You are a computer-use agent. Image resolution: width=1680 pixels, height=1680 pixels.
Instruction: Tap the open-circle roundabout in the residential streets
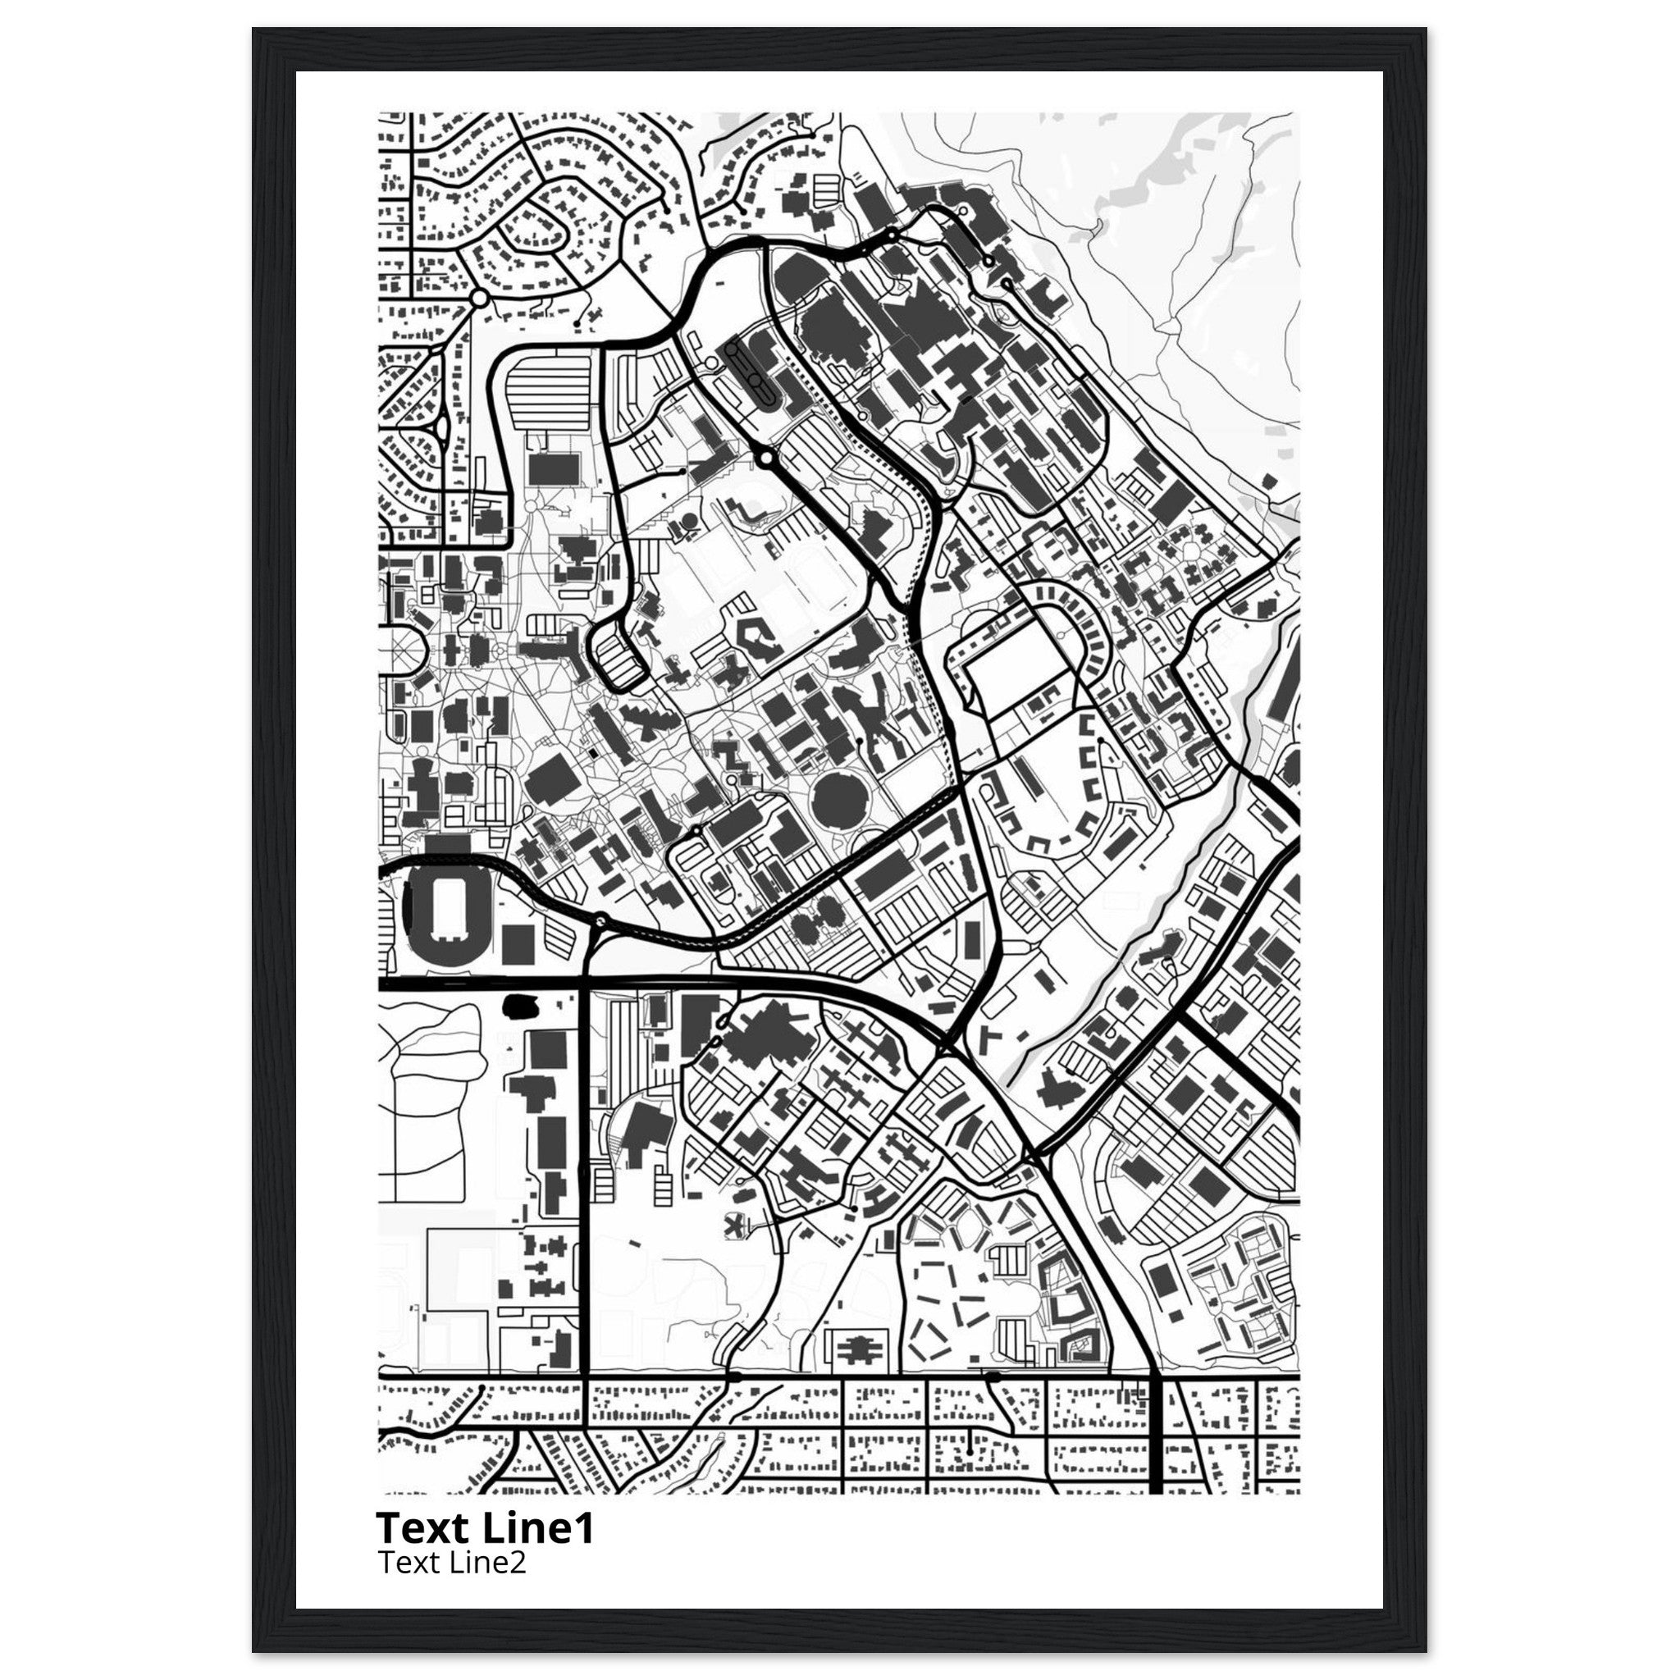[x=477, y=299]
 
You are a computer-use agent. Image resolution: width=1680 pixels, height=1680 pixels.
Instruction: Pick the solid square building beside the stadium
[x=519, y=943]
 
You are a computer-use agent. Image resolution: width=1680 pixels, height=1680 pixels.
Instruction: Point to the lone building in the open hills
[x=1271, y=480]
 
